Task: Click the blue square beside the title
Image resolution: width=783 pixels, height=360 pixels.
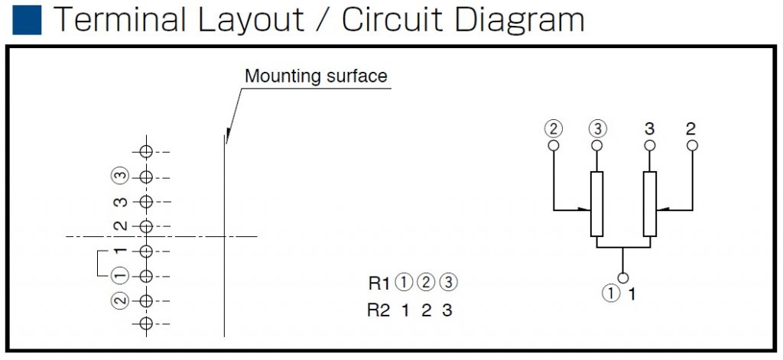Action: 27,20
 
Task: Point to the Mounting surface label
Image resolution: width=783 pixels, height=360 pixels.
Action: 316,76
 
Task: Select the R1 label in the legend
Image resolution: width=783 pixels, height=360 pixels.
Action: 379,284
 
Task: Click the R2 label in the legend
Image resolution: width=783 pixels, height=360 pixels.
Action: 379,310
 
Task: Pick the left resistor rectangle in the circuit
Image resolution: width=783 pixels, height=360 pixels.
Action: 597,204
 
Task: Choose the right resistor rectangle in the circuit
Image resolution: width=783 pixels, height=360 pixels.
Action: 650,204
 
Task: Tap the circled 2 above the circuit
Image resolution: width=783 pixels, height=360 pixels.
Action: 553,128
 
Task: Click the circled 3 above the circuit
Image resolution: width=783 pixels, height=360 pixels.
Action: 596,128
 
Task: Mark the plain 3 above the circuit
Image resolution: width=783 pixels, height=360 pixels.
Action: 650,128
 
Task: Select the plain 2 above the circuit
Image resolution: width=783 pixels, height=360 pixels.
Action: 691,128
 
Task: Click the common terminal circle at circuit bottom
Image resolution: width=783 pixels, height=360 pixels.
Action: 624,277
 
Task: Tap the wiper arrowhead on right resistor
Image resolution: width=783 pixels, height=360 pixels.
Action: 661,209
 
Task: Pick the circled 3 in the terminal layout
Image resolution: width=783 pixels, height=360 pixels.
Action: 119,177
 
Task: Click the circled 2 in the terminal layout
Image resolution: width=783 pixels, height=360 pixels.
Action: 119,300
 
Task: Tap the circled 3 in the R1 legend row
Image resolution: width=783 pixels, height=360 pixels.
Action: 449,284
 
